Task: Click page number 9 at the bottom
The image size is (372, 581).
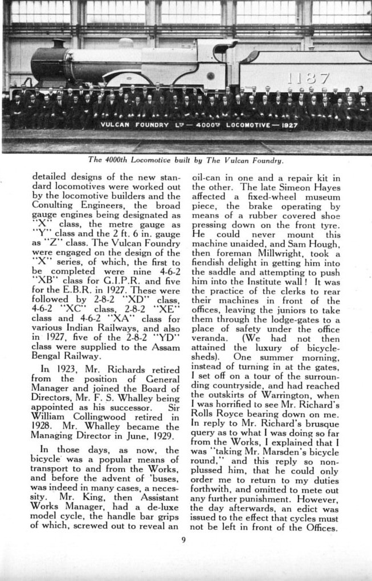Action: pos(183,540)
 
